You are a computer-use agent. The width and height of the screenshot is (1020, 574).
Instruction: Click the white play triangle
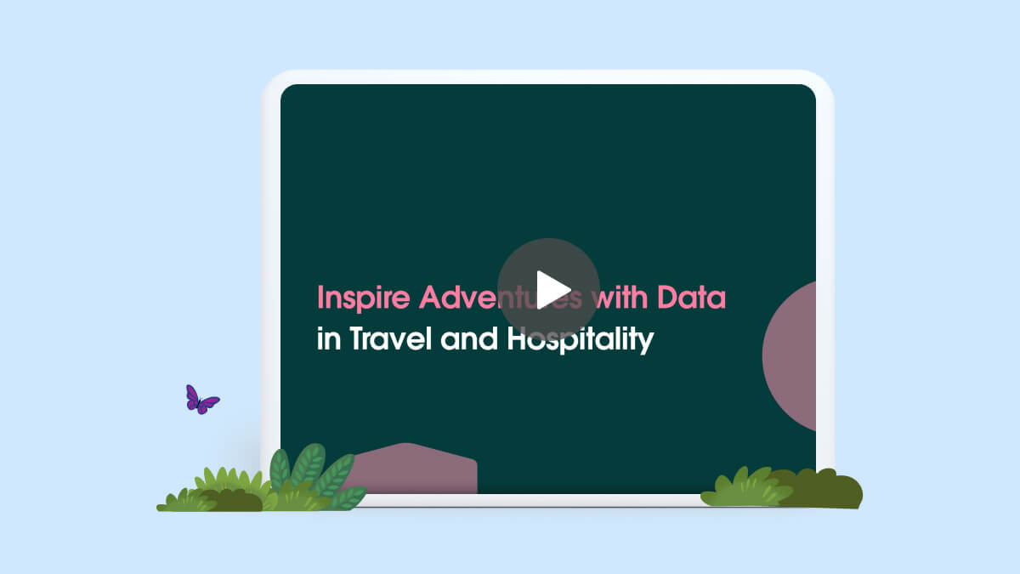[x=551, y=290]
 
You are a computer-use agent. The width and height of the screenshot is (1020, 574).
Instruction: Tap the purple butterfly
[x=202, y=400]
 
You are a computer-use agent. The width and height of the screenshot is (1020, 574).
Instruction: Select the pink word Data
[x=691, y=297]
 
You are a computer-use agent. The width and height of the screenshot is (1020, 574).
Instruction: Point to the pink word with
[x=620, y=297]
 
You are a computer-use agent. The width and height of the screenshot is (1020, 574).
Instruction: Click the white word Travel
[x=391, y=338]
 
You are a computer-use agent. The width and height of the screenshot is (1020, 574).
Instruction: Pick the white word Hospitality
[x=581, y=340]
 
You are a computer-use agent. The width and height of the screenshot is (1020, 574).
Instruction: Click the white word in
[x=329, y=338]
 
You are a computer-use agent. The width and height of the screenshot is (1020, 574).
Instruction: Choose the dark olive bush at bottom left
[x=235, y=500]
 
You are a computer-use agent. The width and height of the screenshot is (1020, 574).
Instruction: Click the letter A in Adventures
[x=432, y=297]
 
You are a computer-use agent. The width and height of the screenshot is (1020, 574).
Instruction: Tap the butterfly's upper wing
[x=192, y=395]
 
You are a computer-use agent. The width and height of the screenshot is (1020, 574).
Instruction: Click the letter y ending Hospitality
[x=647, y=344]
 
